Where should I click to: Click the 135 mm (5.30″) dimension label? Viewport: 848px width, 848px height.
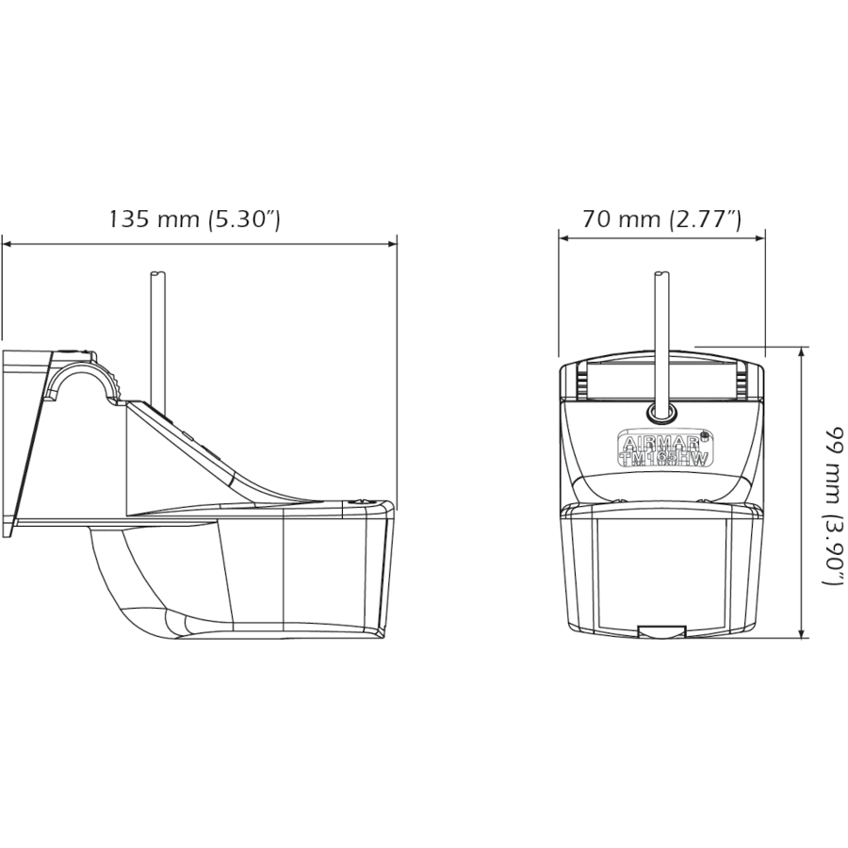click(194, 220)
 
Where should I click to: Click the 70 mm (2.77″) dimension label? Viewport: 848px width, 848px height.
click(661, 220)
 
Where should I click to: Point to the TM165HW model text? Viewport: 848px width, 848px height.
click(663, 457)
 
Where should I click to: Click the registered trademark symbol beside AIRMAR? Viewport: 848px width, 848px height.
click(706, 434)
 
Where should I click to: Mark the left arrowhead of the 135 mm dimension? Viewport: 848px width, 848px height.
click(7, 244)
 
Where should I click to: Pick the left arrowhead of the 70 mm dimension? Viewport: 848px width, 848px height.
click(564, 237)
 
